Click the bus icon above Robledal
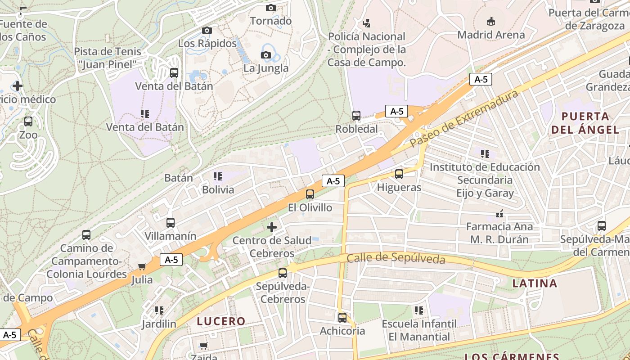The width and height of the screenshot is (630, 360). click(x=356, y=116)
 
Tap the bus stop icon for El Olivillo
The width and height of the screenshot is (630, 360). click(x=310, y=194)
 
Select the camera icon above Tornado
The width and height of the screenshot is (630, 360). click(x=270, y=8)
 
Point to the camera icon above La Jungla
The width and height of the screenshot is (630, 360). click(x=266, y=55)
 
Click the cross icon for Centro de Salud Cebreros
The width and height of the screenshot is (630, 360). click(x=272, y=227)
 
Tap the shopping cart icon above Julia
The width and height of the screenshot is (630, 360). click(x=142, y=266)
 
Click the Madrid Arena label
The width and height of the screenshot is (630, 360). click(x=491, y=35)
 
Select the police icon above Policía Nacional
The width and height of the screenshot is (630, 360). click(x=367, y=23)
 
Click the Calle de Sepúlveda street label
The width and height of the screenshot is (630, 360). click(x=396, y=259)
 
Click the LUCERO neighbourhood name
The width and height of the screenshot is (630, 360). click(x=221, y=321)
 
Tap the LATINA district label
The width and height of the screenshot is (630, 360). click(x=535, y=283)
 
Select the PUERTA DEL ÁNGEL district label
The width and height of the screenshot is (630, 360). click(x=585, y=123)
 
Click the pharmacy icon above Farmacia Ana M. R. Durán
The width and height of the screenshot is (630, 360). click(x=499, y=213)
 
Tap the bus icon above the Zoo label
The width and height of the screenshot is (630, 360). click(x=28, y=121)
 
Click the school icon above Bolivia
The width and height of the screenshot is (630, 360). click(x=218, y=176)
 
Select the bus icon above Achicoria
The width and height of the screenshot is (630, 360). click(x=342, y=318)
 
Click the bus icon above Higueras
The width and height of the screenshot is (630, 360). click(x=399, y=174)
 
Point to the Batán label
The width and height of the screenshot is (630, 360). click(x=179, y=178)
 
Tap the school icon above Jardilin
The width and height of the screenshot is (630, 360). click(x=159, y=310)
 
